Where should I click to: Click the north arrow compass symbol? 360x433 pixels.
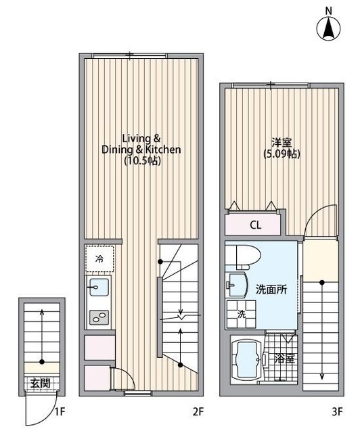[329, 29]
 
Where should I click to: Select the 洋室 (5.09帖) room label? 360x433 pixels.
[282, 147]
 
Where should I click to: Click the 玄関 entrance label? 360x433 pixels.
[41, 383]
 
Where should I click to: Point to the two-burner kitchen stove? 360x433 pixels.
[99, 315]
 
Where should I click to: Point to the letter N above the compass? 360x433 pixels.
[329, 9]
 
